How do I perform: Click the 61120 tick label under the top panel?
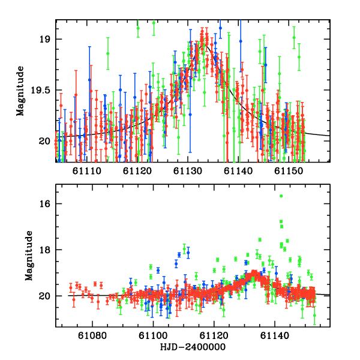coord(137,171)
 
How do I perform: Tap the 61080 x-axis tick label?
coord(92,337)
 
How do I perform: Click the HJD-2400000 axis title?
coord(193,347)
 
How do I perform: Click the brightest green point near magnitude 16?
coord(280,196)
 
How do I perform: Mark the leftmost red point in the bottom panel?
coord(70,287)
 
